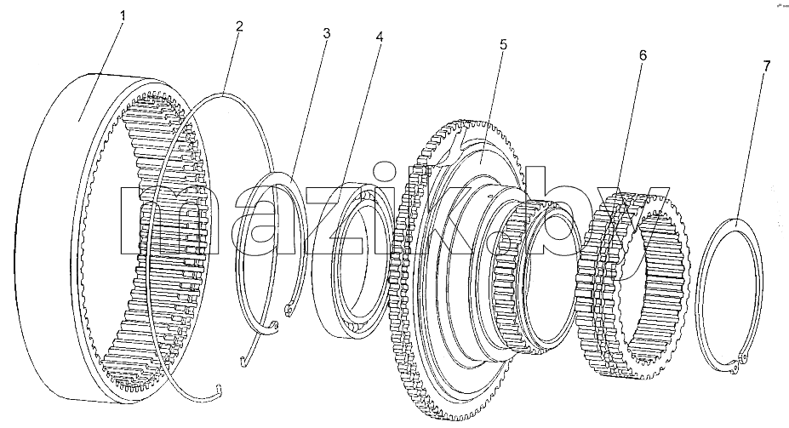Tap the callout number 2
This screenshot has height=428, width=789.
point(239,26)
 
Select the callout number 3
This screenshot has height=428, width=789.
point(327,34)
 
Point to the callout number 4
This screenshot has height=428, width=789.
point(380,37)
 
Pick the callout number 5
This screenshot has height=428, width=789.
point(503,45)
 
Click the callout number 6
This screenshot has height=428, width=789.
point(643,55)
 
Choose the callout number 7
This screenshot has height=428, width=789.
point(766,66)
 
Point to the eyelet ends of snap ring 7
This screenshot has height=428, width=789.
point(737,365)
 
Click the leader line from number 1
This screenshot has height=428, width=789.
point(100,71)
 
